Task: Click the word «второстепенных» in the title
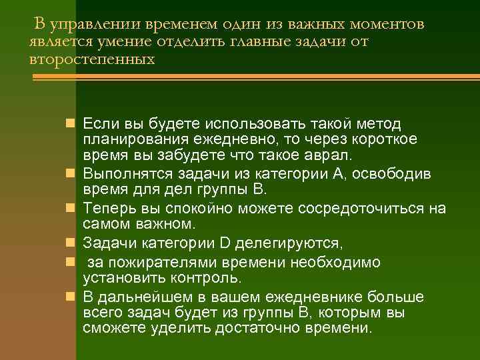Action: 92,59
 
